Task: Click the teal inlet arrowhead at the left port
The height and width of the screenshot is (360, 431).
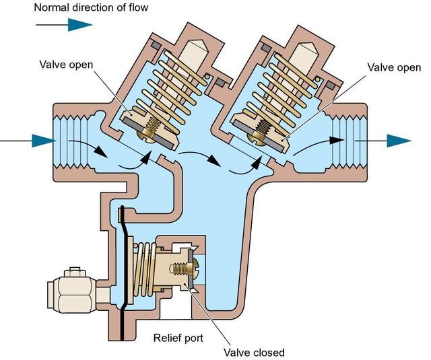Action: [42, 141]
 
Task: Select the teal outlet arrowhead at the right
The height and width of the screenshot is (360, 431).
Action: [399, 141]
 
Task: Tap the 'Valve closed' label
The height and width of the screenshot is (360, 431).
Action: [255, 351]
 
